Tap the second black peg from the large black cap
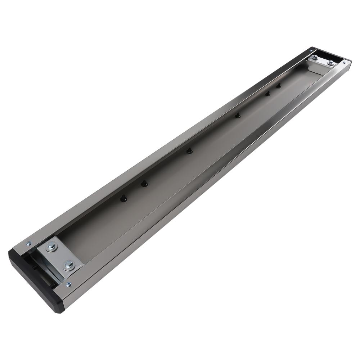[144, 184]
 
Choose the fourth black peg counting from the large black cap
[238, 116]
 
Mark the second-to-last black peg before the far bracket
[268, 94]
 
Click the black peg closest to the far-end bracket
[278, 86]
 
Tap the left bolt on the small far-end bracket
[314, 57]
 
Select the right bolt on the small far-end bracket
[330, 63]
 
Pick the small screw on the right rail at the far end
[344, 62]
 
